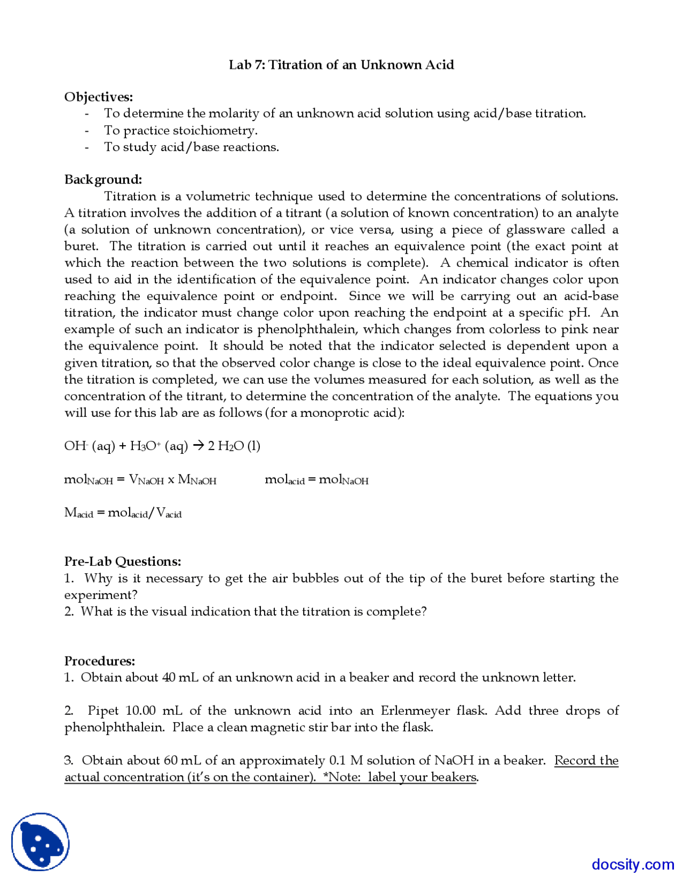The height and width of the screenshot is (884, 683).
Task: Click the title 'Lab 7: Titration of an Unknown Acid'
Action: click(341, 65)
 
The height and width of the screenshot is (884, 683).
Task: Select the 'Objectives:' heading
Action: click(99, 97)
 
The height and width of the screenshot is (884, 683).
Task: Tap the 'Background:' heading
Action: click(103, 179)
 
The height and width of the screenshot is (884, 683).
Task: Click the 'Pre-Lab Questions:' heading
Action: click(123, 562)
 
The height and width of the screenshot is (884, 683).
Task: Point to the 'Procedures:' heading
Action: click(100, 661)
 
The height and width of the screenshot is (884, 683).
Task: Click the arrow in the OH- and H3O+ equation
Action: click(198, 446)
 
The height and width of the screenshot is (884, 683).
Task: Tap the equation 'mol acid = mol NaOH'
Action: click(316, 480)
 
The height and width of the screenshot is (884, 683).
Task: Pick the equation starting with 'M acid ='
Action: click(123, 513)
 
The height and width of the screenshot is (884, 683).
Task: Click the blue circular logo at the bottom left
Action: click(41, 842)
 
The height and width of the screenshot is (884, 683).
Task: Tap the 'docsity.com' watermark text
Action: click(633, 864)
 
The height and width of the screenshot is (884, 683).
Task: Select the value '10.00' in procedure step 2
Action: click(140, 711)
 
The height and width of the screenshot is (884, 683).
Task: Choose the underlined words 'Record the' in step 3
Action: click(586, 760)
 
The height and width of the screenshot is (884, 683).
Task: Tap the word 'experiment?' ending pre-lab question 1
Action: click(101, 595)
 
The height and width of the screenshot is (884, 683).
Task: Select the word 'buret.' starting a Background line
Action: click(81, 246)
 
